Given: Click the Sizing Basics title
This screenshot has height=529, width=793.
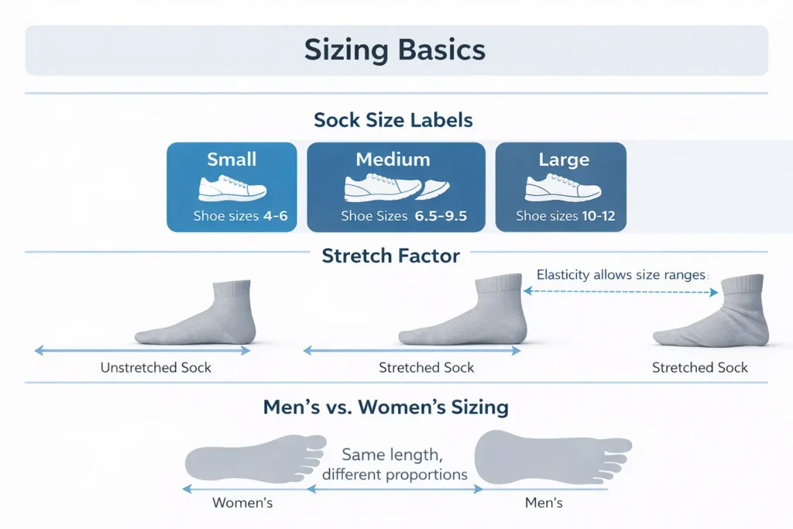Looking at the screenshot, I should coord(395,50).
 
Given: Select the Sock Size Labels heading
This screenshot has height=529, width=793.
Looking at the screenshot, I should coord(393,121).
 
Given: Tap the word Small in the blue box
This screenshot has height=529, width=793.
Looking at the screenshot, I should coord(232,160).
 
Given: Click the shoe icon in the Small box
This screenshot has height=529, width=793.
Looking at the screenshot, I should coord(232,188).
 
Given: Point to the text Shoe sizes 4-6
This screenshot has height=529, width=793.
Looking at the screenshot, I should coord(240,216).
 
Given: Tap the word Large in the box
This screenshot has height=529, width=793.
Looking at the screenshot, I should coord(564,160).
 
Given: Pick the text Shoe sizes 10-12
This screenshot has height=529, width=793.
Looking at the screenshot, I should coord(565,216).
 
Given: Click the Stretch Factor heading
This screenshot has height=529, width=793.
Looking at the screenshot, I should coord(391,256).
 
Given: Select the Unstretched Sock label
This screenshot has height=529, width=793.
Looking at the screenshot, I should coord(156,367).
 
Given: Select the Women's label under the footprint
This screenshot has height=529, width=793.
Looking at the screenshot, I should coord(242,503).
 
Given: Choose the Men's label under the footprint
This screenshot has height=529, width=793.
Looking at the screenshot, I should coord(544,503).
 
